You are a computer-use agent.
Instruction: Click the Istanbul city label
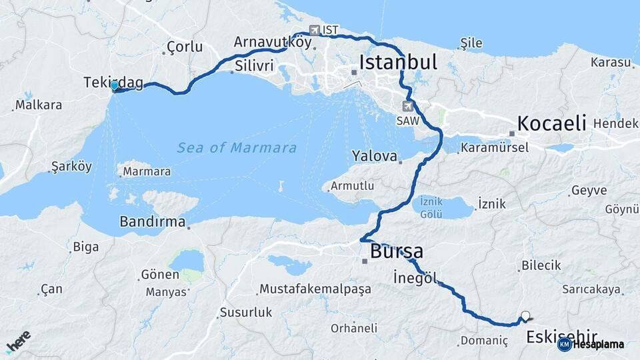tap(398, 62)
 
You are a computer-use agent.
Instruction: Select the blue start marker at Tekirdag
tap(115, 86)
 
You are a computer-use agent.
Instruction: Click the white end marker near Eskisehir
tap(525, 316)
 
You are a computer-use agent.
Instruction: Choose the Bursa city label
tap(397, 251)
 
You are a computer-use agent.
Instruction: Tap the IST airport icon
tap(315, 30)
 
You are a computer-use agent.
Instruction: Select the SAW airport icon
tap(407, 106)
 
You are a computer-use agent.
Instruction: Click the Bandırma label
tap(152, 221)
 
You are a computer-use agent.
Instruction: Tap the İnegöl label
tap(414, 278)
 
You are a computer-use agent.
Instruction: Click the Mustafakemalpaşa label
tap(315, 289)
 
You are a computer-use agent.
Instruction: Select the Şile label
tap(471, 43)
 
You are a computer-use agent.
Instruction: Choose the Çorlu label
tap(184, 47)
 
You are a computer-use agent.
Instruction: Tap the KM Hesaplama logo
tap(591, 344)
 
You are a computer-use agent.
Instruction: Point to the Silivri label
tap(254, 66)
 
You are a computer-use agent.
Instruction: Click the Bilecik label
tap(541, 265)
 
